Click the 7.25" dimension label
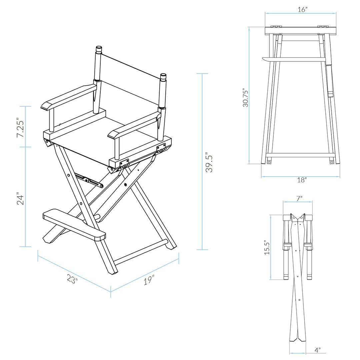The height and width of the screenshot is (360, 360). click(20, 128)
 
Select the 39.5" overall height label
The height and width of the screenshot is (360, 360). click(209, 162)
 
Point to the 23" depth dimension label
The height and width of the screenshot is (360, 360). click(72, 279)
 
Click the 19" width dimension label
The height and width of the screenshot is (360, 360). click(149, 280)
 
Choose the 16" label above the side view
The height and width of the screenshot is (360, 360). click(302, 10)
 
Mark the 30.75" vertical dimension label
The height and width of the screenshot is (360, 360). click(245, 98)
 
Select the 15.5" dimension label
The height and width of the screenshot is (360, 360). click(267, 247)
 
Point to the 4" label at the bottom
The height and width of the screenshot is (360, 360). click(317, 350)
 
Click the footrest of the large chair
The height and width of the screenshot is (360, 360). click(74, 225)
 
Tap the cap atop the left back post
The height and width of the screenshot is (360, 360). click(99, 49)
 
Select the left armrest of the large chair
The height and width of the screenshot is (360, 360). click(68, 98)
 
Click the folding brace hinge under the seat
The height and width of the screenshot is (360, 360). click(89, 180)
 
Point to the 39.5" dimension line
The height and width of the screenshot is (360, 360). click(202, 162)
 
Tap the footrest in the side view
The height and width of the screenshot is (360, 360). click(294, 59)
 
